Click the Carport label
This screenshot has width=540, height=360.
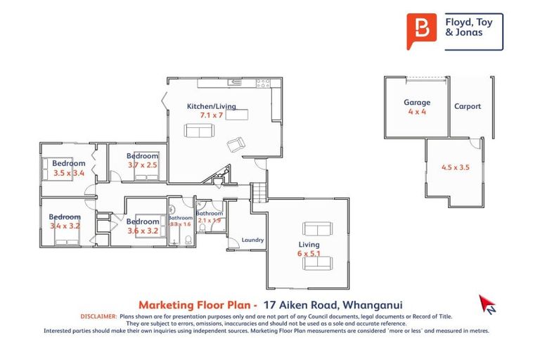click(468, 107)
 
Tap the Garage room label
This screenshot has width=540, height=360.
click(416, 102)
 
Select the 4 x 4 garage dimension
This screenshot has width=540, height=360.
click(416, 111)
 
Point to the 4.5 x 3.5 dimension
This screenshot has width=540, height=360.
click(455, 167)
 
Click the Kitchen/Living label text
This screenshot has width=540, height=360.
click(211, 106)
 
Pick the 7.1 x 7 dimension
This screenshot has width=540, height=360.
click(211, 115)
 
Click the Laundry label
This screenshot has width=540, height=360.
click(252, 240)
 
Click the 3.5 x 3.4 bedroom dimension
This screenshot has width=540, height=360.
click(68, 172)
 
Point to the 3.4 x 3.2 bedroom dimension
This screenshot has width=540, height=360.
click(65, 226)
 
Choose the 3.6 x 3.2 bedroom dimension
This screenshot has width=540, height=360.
click(143, 230)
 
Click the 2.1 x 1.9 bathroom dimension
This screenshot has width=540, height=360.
click(209, 220)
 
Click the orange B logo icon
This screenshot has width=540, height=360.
click(422, 32)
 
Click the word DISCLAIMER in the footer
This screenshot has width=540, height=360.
click(99, 317)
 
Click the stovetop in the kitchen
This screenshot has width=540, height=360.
click(264, 83)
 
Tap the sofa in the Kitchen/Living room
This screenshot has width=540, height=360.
click(200, 130)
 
